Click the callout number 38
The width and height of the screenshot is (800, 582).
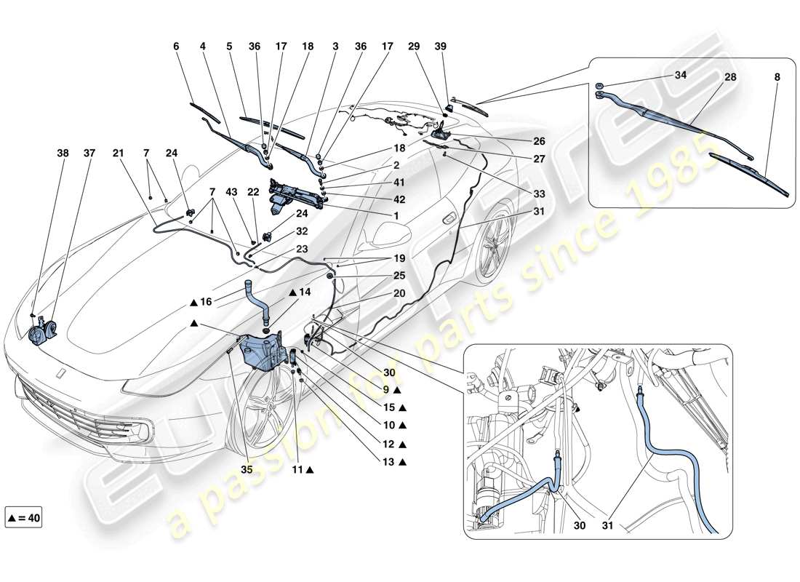point(63,154)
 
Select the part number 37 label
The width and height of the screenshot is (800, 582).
point(89,154)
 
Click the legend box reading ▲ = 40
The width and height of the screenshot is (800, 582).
point(23,519)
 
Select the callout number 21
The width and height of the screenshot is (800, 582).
point(118,154)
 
